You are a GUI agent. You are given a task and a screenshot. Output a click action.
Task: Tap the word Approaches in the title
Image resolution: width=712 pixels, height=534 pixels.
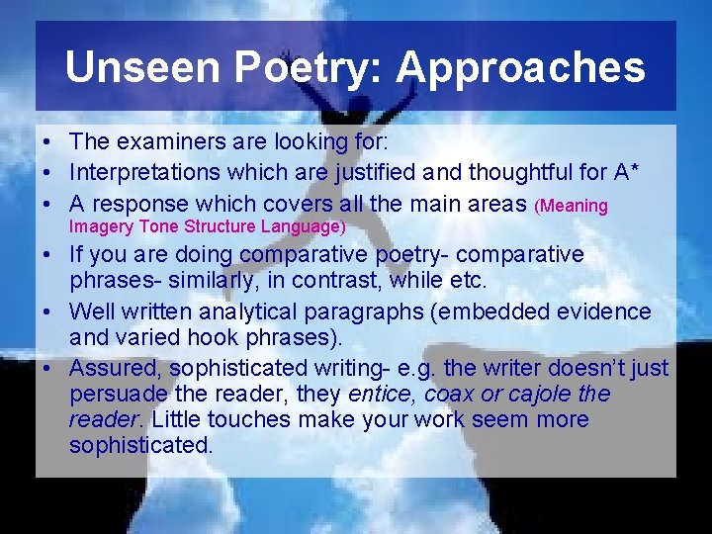coord(520,67)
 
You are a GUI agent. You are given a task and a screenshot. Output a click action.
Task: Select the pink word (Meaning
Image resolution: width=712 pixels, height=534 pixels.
coord(571,207)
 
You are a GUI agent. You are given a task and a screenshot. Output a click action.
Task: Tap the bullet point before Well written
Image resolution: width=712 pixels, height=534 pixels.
coord(47,312)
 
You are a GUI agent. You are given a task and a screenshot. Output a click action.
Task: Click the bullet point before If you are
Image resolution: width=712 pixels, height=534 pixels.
coord(47,255)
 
